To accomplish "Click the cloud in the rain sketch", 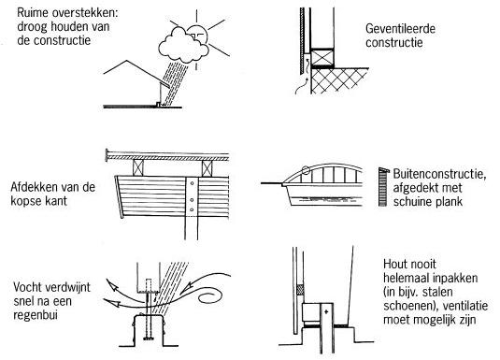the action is click(x=183, y=46).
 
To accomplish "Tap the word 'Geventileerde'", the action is click(x=400, y=29).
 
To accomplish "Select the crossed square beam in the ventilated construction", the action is click(x=322, y=58).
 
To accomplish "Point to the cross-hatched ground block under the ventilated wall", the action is click(x=339, y=81).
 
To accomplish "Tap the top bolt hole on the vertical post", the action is click(x=192, y=183).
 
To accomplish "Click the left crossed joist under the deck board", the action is click(x=138, y=168).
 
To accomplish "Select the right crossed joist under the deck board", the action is click(x=207, y=168).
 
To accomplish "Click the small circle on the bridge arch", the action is click(x=306, y=170).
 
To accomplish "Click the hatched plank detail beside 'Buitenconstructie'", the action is click(x=383, y=187).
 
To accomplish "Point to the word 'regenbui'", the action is click(x=36, y=316).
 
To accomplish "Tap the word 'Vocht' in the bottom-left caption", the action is click(x=28, y=287).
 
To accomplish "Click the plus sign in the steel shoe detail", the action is click(x=326, y=311).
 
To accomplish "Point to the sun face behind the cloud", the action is click(x=198, y=35).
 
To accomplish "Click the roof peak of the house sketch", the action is click(x=127, y=61).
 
